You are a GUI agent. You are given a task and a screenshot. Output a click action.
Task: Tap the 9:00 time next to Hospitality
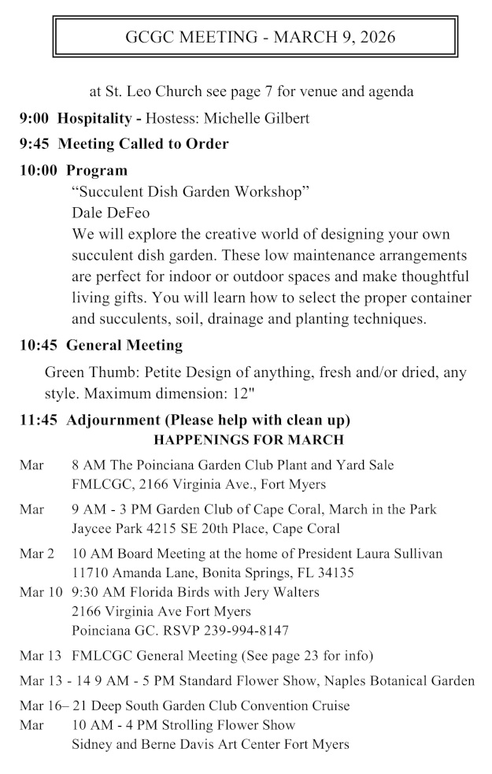[x=35, y=118]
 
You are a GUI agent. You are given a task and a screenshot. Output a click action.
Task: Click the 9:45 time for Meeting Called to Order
[x=35, y=144]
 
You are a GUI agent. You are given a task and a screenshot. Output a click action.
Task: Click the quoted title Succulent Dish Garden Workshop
[x=190, y=191]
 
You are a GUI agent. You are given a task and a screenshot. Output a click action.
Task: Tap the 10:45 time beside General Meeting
[x=39, y=344]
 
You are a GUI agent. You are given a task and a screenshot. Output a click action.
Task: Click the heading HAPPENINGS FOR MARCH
[x=248, y=439]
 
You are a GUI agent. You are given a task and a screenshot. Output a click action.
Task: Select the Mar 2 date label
[x=36, y=554]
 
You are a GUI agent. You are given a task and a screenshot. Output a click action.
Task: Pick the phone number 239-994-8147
[x=240, y=630]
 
